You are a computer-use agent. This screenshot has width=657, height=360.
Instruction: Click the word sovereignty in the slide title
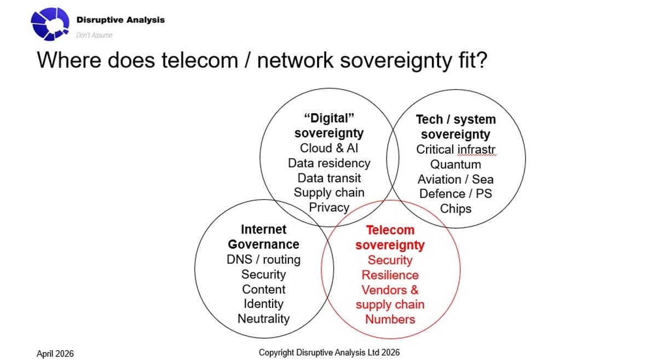pos(392,60)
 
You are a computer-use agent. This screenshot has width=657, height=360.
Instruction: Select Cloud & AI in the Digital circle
pos(329,148)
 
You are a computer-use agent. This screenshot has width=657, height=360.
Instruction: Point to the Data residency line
pos(329,163)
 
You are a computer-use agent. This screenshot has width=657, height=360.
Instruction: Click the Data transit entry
pos(329,178)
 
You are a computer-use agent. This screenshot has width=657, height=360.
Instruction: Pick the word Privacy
pos(329,207)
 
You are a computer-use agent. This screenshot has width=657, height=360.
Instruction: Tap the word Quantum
pos(456,164)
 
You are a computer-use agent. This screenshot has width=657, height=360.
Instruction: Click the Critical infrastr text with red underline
pos(456,149)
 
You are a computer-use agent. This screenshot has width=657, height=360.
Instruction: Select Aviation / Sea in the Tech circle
pos(456,179)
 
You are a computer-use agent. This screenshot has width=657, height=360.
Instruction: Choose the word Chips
pos(456,208)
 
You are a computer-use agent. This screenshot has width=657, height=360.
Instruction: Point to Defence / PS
pos(456,194)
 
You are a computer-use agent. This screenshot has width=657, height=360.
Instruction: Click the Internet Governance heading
pos(263,236)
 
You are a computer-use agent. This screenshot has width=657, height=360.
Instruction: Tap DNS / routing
pos(263,259)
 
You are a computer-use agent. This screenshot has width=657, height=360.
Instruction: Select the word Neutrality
pos(263,318)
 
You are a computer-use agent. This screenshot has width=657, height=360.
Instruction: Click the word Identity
pos(263,304)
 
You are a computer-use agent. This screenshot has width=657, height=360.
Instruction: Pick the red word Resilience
pos(390,275)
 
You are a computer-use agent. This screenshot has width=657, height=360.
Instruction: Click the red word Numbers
pos(390,320)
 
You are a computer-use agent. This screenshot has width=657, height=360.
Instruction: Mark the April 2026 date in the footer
pos(55,353)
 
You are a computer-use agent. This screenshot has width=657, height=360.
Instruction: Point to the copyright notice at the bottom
pos(329,352)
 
